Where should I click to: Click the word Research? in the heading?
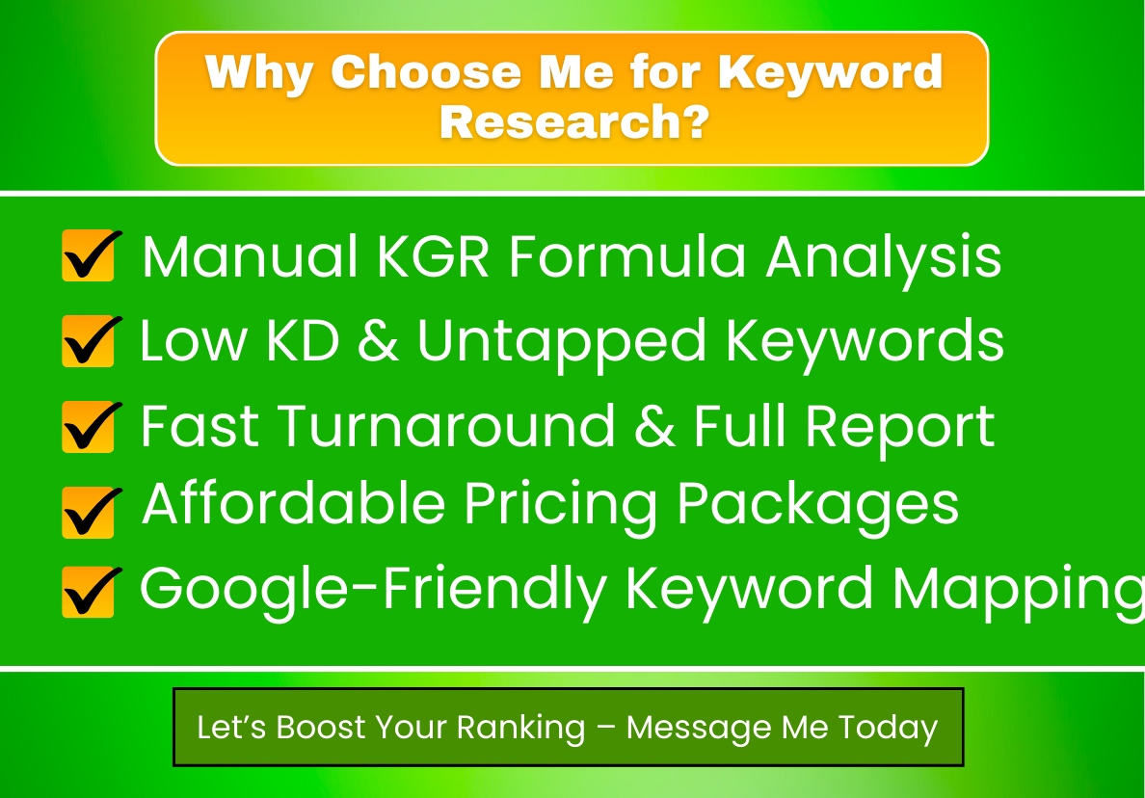pos(573,122)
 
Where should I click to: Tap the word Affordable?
pos(294,505)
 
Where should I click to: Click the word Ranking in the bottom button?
pos(521,728)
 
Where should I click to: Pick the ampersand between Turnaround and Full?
pos(655,426)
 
